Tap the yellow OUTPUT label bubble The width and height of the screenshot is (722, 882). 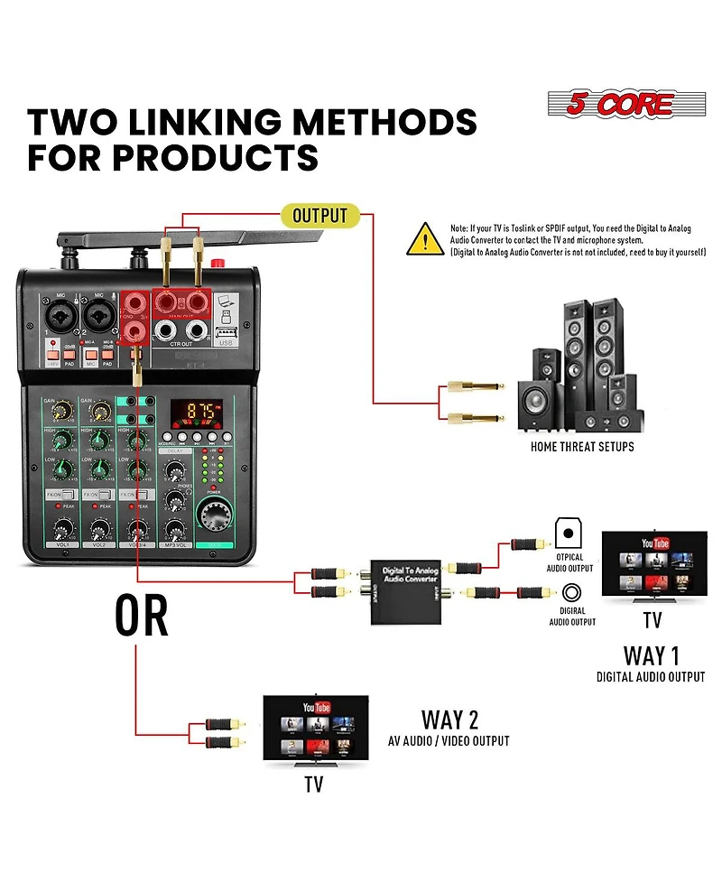(x=319, y=215)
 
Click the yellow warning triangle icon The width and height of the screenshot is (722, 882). (x=426, y=240)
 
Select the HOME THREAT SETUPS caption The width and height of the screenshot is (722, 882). (x=582, y=447)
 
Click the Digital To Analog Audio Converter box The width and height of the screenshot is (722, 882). (x=398, y=589)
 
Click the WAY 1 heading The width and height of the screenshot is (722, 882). (x=650, y=655)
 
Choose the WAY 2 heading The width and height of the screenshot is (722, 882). (x=449, y=720)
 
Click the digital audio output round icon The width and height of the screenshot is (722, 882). (x=572, y=593)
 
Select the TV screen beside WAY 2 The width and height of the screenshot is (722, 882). (x=315, y=729)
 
